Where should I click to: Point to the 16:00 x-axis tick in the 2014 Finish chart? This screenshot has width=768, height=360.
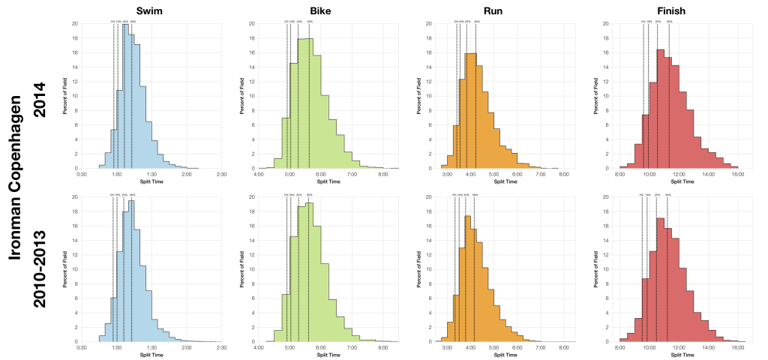737,174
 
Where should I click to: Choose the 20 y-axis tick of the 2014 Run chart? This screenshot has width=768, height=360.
427,23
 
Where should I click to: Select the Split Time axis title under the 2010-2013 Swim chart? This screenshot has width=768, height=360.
152,355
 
